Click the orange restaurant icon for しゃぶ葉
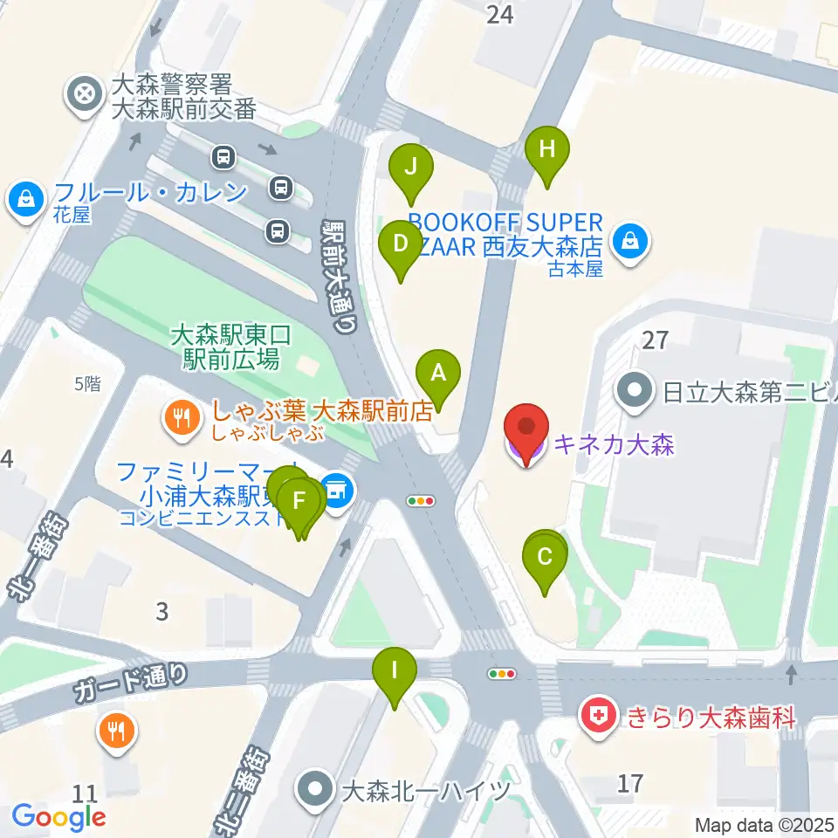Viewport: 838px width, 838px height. (182, 418)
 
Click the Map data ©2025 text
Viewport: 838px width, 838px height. (765, 825)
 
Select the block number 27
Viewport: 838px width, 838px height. (656, 340)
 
